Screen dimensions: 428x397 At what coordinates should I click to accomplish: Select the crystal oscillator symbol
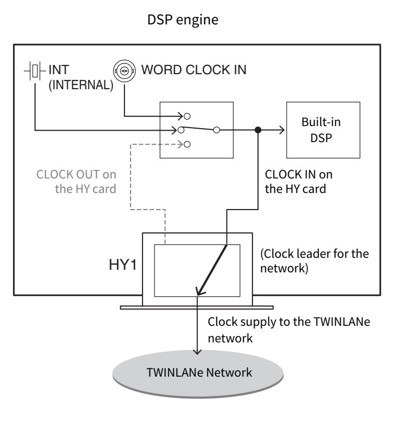click(35, 71)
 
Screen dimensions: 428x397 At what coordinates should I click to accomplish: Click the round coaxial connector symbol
click(124, 70)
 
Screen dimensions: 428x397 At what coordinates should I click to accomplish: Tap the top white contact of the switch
click(187, 116)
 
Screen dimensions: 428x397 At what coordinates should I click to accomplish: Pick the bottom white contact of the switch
click(187, 145)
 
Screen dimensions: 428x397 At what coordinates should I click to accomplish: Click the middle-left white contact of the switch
click(181, 130)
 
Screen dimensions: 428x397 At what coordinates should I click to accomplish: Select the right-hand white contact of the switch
click(217, 130)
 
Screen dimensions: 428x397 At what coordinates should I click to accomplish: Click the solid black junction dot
click(258, 130)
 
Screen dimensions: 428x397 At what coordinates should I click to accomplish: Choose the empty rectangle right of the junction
click(323, 130)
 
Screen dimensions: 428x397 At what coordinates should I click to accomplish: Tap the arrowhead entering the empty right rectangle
click(281, 130)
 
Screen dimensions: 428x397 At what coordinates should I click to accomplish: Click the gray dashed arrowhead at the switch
click(181, 145)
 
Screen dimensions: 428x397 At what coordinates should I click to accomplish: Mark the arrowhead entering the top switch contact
click(181, 116)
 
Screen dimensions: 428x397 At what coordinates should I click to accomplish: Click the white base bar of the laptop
click(197, 308)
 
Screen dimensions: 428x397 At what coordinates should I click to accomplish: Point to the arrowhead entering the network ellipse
click(197, 351)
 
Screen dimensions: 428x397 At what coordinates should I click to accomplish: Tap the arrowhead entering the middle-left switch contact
click(175, 130)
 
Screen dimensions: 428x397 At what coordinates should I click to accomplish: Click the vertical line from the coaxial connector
click(124, 99)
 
